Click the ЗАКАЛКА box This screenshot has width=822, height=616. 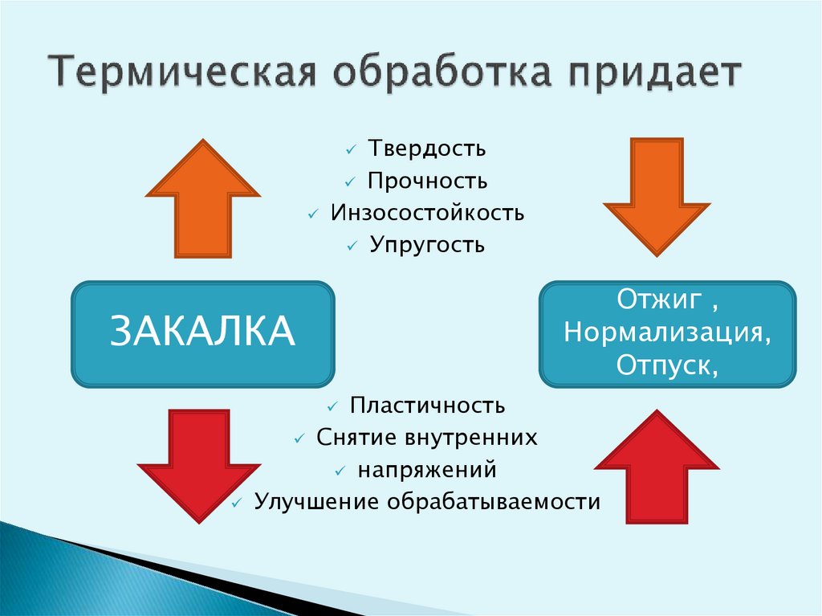point(203,332)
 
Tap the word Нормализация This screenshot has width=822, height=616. point(669,332)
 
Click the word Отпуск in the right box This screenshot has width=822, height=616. point(663,365)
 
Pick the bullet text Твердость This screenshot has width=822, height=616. point(427,149)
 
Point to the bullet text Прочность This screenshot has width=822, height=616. point(427,181)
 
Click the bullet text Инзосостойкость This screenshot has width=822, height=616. point(427,213)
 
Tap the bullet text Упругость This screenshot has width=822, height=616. point(427,244)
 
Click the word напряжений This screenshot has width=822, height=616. point(427,470)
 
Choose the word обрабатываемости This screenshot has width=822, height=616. point(494,502)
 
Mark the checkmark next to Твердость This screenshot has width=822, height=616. point(351,150)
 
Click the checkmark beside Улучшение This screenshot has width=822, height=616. point(236,504)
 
